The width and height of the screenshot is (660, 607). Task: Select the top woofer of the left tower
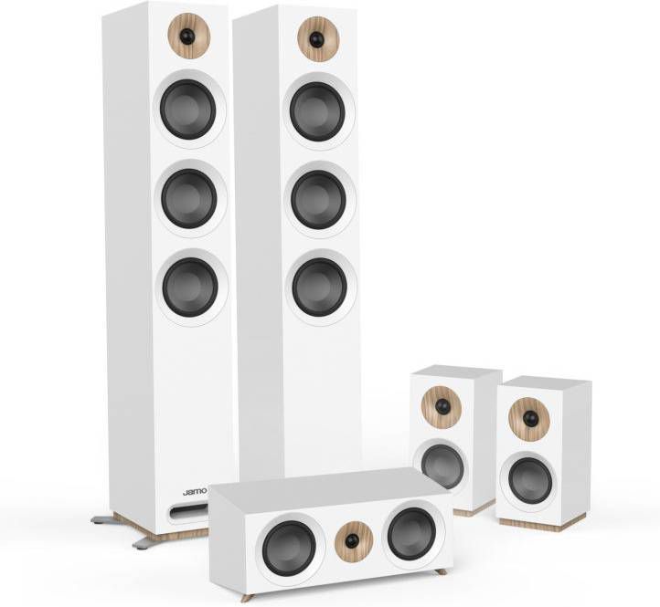[x=189, y=110]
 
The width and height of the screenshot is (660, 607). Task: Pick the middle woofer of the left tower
[x=189, y=198]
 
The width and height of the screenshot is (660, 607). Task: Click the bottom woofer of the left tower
[x=189, y=287]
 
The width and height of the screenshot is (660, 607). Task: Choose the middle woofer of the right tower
[x=318, y=199]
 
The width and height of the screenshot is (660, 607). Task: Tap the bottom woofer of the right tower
[x=319, y=287]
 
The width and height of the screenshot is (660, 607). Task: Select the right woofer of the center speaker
[x=410, y=534]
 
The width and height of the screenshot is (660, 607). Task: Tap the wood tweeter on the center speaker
[x=351, y=540]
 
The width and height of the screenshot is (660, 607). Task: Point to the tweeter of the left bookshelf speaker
[x=442, y=405]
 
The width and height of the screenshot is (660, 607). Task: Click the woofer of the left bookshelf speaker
[x=443, y=466]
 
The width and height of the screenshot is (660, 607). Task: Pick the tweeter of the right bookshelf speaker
[x=529, y=418]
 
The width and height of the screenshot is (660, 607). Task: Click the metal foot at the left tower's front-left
[x=102, y=519]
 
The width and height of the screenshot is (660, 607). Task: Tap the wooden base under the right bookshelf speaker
[x=539, y=526]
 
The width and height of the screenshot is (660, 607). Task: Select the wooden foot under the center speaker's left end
[x=248, y=597]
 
